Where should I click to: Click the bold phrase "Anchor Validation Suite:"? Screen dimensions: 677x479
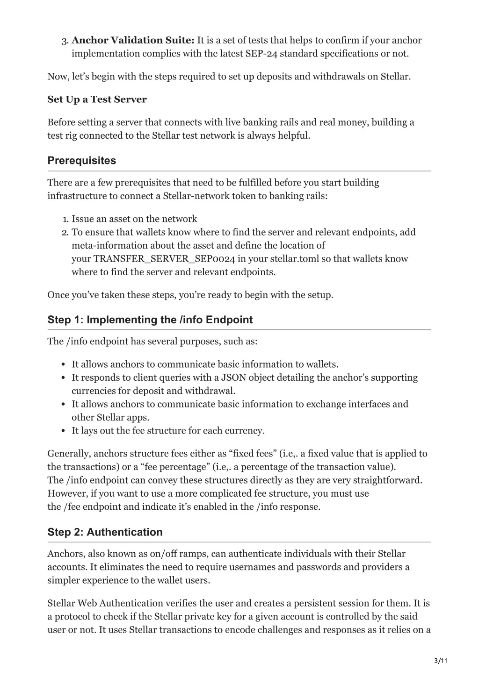(133, 41)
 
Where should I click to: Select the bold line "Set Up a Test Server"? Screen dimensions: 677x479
(97, 100)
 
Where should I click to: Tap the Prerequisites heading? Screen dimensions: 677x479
(81, 161)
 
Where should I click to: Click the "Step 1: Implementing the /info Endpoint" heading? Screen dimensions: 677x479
(150, 320)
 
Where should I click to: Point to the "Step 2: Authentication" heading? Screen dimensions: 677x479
(105, 532)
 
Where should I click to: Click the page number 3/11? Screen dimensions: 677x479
(441, 661)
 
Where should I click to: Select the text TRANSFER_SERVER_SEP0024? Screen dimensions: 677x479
(164, 259)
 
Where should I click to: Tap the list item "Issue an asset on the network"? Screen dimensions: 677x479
(134, 219)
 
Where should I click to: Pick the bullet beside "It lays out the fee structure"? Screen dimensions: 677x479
(63, 431)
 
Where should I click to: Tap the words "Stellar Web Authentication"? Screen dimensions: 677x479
(104, 604)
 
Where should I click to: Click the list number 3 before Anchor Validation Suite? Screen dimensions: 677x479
(64, 41)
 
